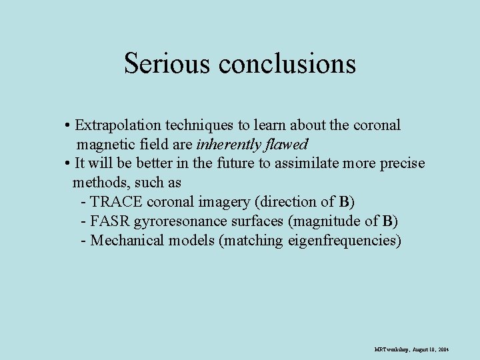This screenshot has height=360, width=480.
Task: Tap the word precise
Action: [x=402, y=163]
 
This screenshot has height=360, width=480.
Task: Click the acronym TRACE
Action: [x=116, y=202]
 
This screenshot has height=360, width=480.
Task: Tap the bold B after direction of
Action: [x=344, y=202]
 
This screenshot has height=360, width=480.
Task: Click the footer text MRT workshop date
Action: [x=411, y=349]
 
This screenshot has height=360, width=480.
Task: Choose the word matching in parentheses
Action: [x=253, y=241]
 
